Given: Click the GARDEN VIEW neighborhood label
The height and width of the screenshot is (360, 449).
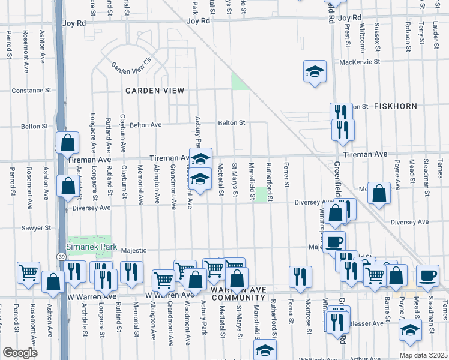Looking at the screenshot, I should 154,90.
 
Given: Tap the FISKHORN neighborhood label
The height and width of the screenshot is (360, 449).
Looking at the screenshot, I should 396,106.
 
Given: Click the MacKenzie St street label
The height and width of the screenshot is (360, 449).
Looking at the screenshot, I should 360,62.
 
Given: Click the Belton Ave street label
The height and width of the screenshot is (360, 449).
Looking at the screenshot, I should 148,125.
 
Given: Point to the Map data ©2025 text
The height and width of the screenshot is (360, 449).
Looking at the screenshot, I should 423,355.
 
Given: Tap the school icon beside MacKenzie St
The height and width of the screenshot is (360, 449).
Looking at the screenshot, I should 315,72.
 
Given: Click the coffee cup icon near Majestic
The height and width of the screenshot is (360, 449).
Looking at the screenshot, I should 334,242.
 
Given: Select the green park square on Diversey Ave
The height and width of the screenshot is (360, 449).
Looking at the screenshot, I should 261,195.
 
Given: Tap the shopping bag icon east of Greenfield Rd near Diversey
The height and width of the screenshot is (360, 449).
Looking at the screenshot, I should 379,193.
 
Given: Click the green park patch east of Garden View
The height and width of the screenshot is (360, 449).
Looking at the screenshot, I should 240,81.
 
